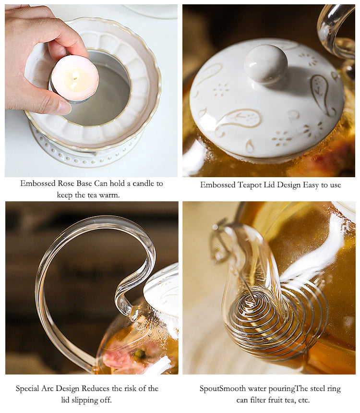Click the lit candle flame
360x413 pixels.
74,76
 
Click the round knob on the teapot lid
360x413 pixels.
265,64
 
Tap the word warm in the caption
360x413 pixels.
108,195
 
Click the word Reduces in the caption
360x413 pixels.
97,388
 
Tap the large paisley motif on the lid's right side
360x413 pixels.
321,93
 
